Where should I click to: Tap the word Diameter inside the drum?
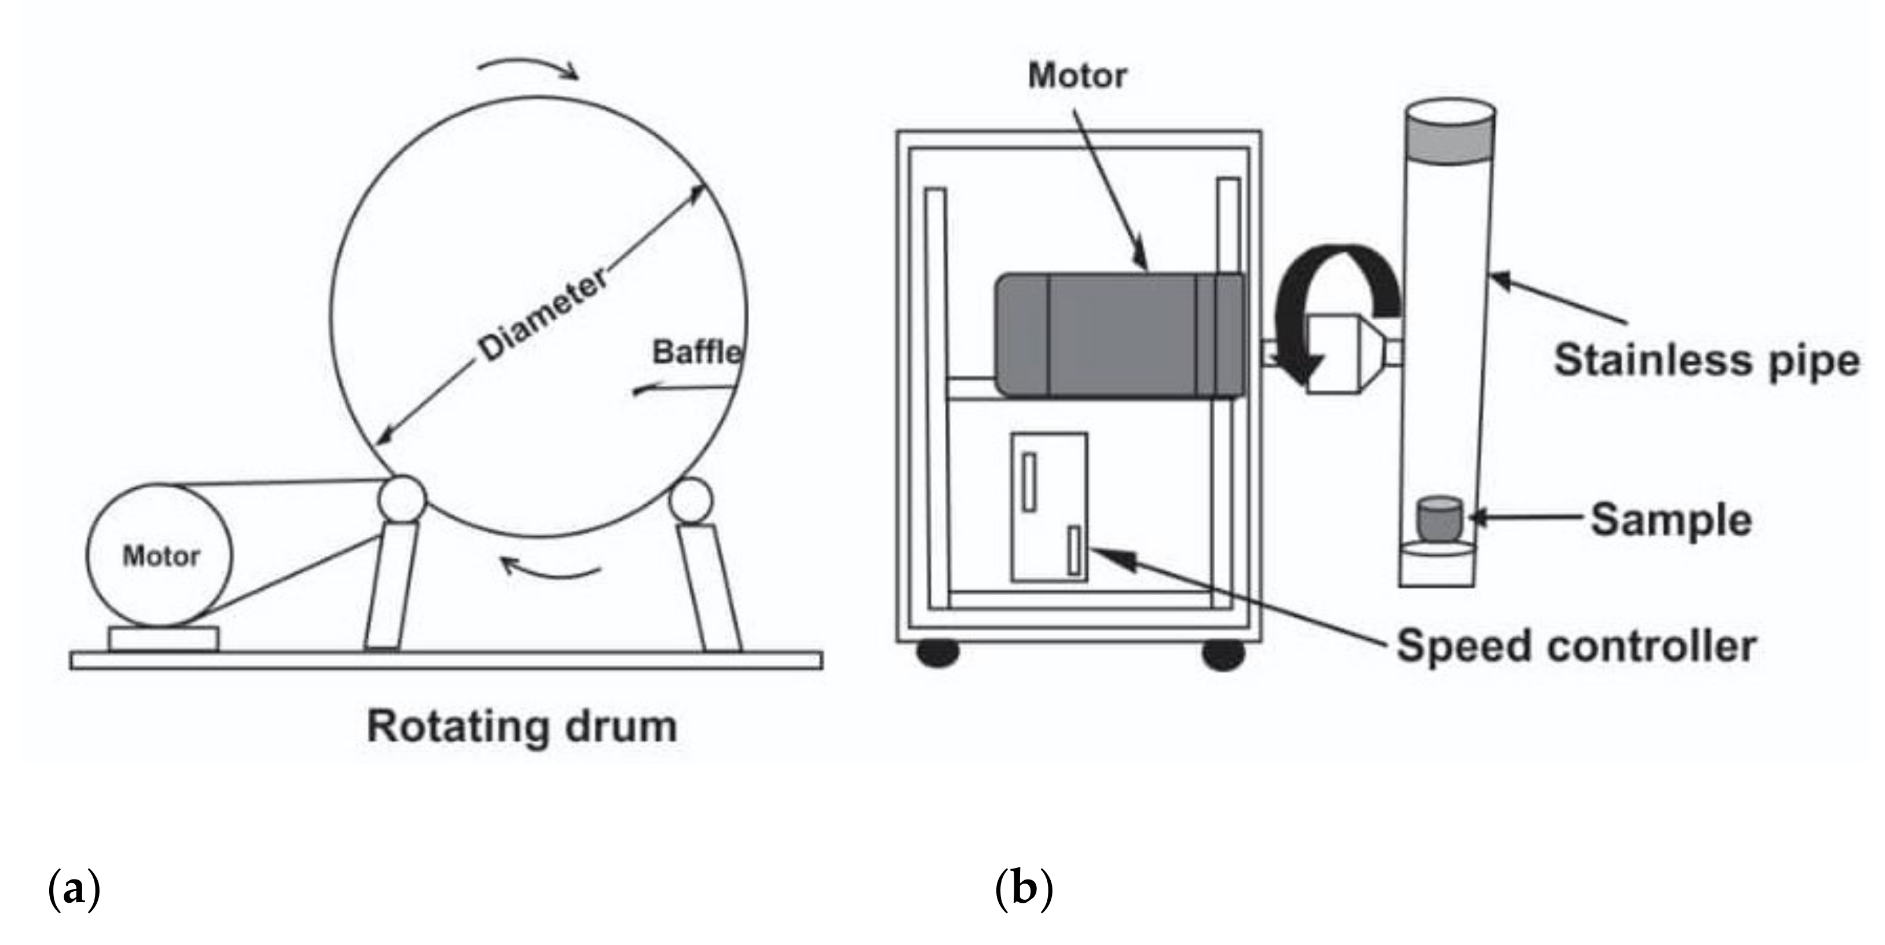[543, 315]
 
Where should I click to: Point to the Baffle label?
[696, 353]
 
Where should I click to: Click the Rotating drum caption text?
[522, 727]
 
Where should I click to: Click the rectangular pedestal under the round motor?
[163, 638]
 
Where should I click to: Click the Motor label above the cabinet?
[1077, 76]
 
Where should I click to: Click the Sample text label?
[1671, 521]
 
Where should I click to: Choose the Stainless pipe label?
[1706, 360]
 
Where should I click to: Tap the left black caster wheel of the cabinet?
[938, 654]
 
